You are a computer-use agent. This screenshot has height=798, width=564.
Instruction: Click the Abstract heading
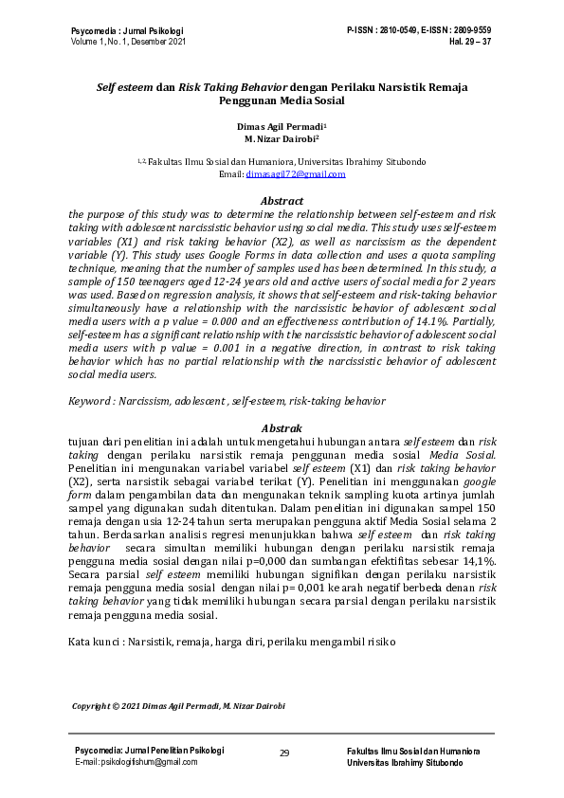point(282,201)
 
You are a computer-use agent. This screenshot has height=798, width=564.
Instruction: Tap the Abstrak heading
point(282,427)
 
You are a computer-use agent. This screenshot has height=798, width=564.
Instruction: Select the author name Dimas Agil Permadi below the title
point(281,125)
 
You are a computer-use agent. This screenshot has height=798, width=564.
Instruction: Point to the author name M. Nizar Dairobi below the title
point(281,138)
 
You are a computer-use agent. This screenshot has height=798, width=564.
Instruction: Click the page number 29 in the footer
point(283,753)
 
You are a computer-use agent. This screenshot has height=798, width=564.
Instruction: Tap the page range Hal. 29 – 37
point(470,43)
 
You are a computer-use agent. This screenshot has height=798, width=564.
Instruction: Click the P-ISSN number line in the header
point(419,31)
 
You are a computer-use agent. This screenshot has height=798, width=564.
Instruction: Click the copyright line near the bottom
point(179,706)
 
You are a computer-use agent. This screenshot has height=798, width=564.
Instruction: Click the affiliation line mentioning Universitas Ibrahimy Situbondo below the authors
point(282,162)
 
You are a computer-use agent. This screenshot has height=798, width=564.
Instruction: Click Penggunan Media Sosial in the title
point(281,100)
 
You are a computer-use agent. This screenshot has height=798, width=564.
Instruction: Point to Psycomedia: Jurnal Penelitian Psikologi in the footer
point(150,750)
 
